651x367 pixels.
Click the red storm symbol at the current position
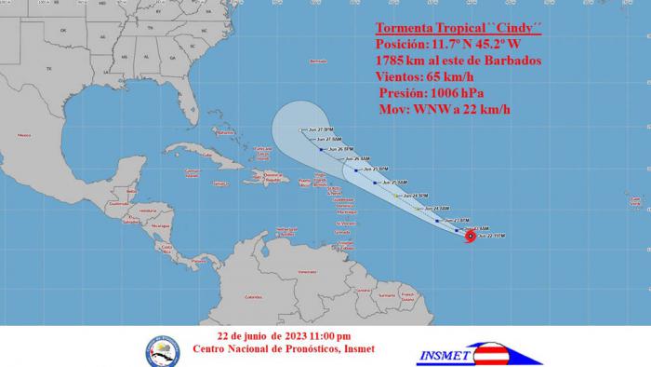click(470, 237)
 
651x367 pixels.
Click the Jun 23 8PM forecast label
click(457, 220)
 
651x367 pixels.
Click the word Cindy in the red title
click(518, 25)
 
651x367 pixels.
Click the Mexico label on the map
click(23, 136)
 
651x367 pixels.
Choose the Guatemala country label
click(118, 203)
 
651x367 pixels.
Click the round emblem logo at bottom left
click(162, 349)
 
